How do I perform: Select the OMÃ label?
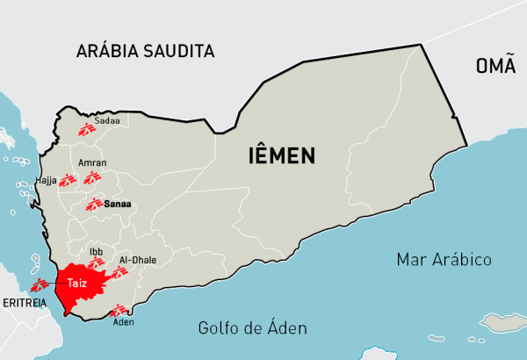tap(495, 66)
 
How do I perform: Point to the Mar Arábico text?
tap(444, 260)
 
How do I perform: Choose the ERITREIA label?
tap(24, 302)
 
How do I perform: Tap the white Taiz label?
tap(79, 283)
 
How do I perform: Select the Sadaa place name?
tap(106, 119)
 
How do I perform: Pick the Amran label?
tap(92, 163)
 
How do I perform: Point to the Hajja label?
tap(46, 181)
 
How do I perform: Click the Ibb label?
tap(97, 250)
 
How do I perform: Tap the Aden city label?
tap(124, 321)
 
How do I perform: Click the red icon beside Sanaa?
tap(93, 205)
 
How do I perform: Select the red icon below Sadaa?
tap(86, 130)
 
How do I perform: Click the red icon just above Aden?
tap(116, 308)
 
